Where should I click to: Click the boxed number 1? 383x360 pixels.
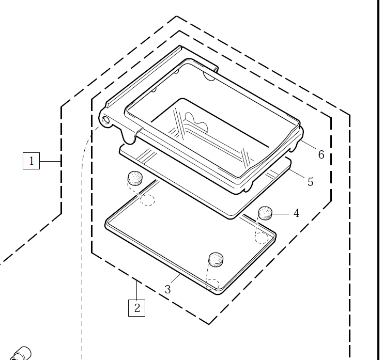31,161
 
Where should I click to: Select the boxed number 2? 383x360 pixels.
137,308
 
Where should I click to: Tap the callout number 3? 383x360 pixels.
167,289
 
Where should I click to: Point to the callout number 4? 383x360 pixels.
296,213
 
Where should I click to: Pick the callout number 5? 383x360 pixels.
310,182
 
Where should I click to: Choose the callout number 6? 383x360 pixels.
321,154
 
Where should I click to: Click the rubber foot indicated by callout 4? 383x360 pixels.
265,212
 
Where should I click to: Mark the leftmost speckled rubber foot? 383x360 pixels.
135,178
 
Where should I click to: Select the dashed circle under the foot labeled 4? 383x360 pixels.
261,237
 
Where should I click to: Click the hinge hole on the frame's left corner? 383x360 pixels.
106,120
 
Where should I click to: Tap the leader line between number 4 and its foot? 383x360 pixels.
281,213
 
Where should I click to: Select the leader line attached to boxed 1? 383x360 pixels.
50,161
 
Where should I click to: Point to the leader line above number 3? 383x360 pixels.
174,279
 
